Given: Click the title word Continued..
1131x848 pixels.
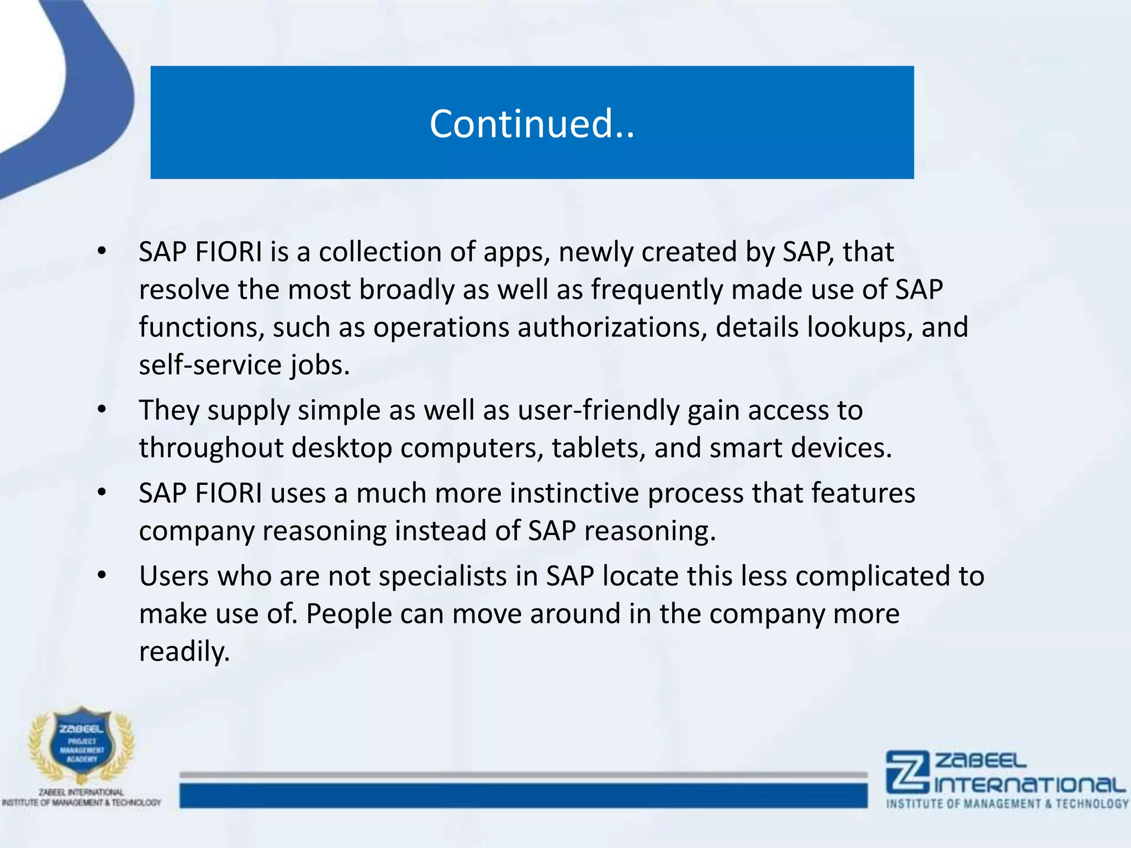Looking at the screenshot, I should [x=532, y=124].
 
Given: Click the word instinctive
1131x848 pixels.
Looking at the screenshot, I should [x=574, y=493].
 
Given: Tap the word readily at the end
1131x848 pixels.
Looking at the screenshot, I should [x=184, y=652].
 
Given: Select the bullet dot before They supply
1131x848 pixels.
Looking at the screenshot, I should [x=101, y=410].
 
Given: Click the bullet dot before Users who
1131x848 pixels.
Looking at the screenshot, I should [x=101, y=576].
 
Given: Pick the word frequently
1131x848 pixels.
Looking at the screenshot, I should [x=657, y=290].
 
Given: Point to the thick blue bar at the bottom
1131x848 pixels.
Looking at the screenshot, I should [x=523, y=796].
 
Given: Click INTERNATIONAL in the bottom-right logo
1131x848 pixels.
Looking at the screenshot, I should [x=1029, y=785].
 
